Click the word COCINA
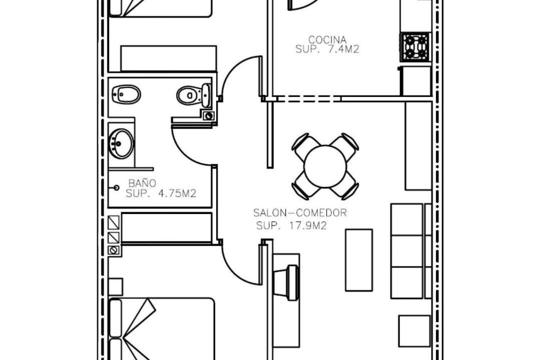click(x=327, y=40)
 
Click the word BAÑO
click(x=142, y=183)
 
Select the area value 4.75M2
click(x=177, y=193)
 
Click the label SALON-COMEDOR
click(x=300, y=213)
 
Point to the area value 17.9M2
click(x=308, y=226)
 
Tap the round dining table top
click(x=325, y=166)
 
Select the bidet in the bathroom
click(x=126, y=94)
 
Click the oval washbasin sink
click(x=121, y=143)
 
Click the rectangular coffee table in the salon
click(x=359, y=260)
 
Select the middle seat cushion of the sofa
click(x=407, y=251)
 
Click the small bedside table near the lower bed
click(x=115, y=287)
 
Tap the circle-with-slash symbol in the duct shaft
click(x=113, y=250)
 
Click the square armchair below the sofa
click(x=414, y=331)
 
